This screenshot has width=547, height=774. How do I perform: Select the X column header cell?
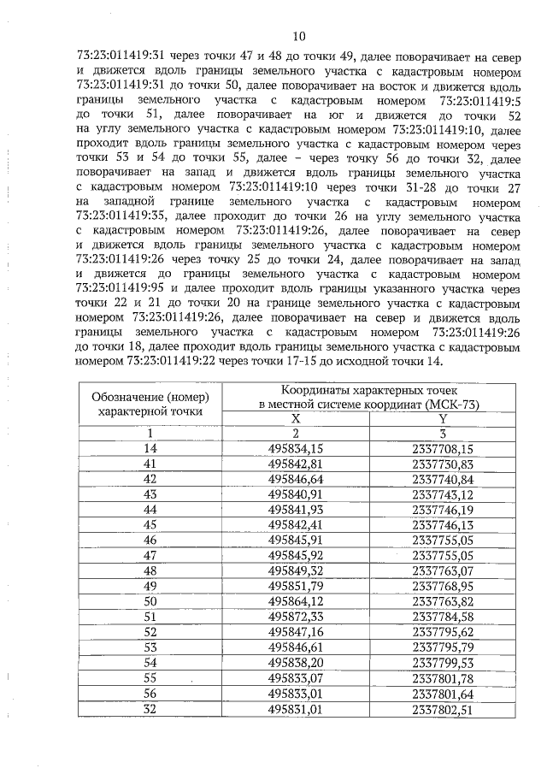pyautogui.click(x=296, y=418)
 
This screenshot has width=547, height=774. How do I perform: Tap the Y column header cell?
pyautogui.click(x=443, y=418)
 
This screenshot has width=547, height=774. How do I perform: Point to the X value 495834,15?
pyautogui.click(x=296, y=447)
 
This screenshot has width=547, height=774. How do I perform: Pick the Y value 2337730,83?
pyautogui.click(x=443, y=463)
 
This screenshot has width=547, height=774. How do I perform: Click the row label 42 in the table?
pyautogui.click(x=150, y=478)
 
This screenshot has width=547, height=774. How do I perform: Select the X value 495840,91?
pyautogui.click(x=296, y=493)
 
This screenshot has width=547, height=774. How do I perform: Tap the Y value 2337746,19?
pyautogui.click(x=443, y=509)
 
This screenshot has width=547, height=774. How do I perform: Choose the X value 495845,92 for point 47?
pyautogui.click(x=296, y=555)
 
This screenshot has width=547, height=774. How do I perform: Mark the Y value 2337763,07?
pyautogui.click(x=443, y=570)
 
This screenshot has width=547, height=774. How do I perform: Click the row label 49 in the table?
pyautogui.click(x=150, y=586)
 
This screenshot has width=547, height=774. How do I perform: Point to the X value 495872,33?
pyautogui.click(x=296, y=617)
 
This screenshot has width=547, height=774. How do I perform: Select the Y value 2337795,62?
pyautogui.click(x=443, y=632)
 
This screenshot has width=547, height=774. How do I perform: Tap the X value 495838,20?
pyautogui.click(x=296, y=663)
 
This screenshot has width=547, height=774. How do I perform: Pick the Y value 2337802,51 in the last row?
pyautogui.click(x=443, y=709)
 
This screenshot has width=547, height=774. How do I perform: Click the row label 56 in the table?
pyautogui.click(x=150, y=694)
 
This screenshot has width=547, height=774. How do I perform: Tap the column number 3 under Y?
pyautogui.click(x=443, y=433)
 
